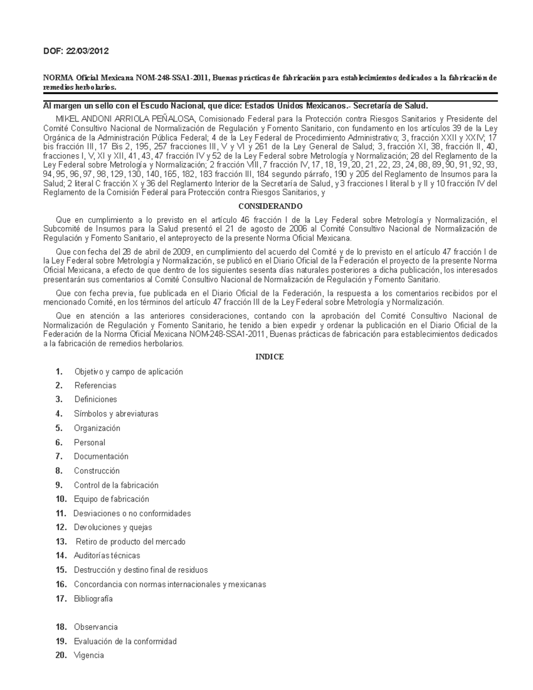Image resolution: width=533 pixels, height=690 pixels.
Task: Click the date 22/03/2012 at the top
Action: click(88, 51)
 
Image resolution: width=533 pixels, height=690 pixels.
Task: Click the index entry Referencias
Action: click(95, 385)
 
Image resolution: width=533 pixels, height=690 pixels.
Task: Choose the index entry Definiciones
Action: click(95, 399)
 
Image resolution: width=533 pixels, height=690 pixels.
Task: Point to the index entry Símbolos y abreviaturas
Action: click(116, 414)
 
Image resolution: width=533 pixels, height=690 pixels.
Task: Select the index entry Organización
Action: click(97, 428)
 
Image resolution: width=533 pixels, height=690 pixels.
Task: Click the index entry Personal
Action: click(89, 443)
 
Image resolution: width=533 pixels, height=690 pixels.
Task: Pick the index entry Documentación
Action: click(101, 456)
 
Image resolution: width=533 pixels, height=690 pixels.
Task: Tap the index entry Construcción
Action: click(97, 471)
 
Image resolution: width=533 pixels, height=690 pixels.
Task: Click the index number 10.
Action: click(61, 499)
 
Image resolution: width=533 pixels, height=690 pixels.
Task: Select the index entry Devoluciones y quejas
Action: click(113, 527)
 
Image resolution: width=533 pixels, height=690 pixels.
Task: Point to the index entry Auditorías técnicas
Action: click(107, 555)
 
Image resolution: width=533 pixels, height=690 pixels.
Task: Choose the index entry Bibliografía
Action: click(93, 598)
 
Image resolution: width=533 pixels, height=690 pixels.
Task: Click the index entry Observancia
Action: click(95, 627)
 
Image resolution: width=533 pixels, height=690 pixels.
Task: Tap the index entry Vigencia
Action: click(89, 655)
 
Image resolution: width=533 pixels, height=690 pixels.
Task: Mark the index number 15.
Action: click(61, 570)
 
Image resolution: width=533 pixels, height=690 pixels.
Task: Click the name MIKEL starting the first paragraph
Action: click(66, 119)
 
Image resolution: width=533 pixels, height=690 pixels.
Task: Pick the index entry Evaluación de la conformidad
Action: click(125, 641)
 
